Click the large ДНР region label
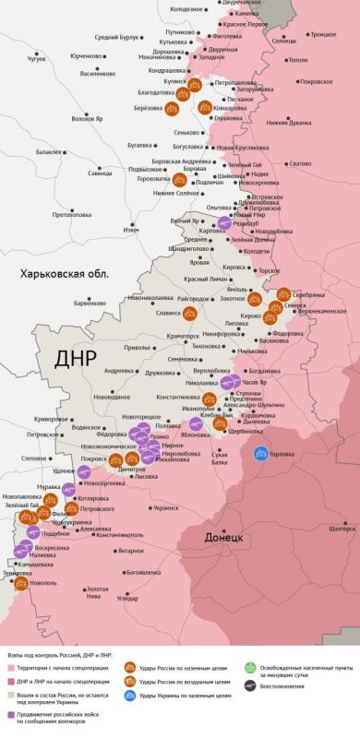tap(76, 357)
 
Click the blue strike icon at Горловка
tap(262, 453)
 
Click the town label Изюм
tap(131, 229)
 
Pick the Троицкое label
tap(322, 34)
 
